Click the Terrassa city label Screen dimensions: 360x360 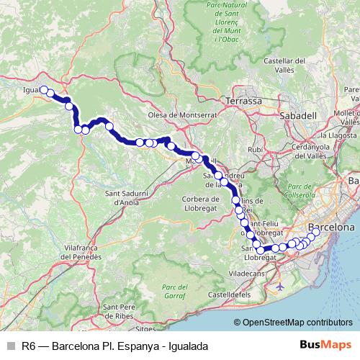pos(244,101)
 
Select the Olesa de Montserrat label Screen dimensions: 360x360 pos(182,114)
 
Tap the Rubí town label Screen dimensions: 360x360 pos(256,149)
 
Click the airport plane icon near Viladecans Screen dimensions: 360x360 pos(279,286)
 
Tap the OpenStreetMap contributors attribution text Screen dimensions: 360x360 pos(297,323)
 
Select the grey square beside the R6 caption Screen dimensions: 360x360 pos(10,346)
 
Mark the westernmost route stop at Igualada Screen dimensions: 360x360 pos(43,90)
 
